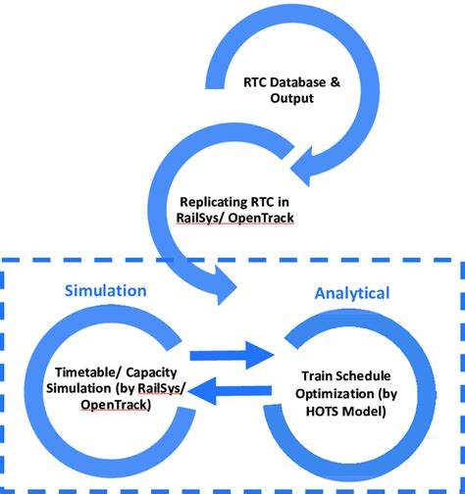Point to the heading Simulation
[x=105, y=291]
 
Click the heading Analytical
[x=351, y=292]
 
